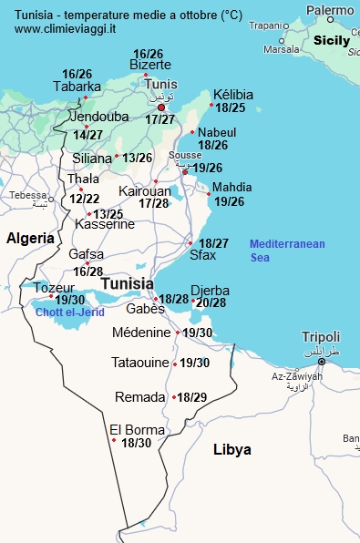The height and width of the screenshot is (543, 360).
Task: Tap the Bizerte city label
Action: (x=150, y=65)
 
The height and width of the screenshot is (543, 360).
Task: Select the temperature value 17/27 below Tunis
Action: (x=159, y=119)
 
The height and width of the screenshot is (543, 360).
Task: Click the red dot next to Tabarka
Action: (x=85, y=97)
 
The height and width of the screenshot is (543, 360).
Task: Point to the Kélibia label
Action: (x=232, y=95)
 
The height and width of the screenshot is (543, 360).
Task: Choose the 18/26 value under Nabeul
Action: (x=212, y=144)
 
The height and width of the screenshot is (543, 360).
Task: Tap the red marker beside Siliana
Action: (x=117, y=157)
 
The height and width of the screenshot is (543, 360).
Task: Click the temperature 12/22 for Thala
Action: (x=85, y=199)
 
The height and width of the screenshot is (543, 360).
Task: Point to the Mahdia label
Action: (x=231, y=188)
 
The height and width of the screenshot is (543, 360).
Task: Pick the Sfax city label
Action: (x=202, y=256)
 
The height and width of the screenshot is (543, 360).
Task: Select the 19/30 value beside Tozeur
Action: (x=70, y=300)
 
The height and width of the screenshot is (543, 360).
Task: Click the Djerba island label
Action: (x=210, y=291)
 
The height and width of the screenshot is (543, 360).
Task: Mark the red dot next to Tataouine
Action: (x=175, y=363)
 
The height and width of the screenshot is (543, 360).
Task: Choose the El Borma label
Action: (x=137, y=429)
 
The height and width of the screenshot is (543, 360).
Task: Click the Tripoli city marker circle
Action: (x=321, y=362)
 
